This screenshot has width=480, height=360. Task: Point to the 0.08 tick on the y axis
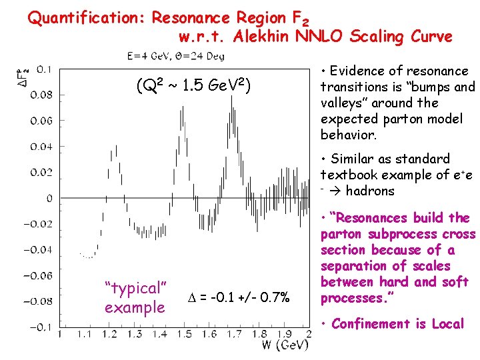coord(45,95)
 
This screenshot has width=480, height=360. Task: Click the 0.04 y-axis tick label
coord(45,147)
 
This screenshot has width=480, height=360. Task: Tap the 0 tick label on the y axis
coord(49,199)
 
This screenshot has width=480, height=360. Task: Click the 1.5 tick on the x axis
coord(186,334)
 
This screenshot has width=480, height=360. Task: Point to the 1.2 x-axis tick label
coord(111,334)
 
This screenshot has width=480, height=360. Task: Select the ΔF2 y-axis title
coord(21,81)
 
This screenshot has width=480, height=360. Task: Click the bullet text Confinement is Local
coord(397,324)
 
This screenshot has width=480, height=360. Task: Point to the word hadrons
coord(371,191)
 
